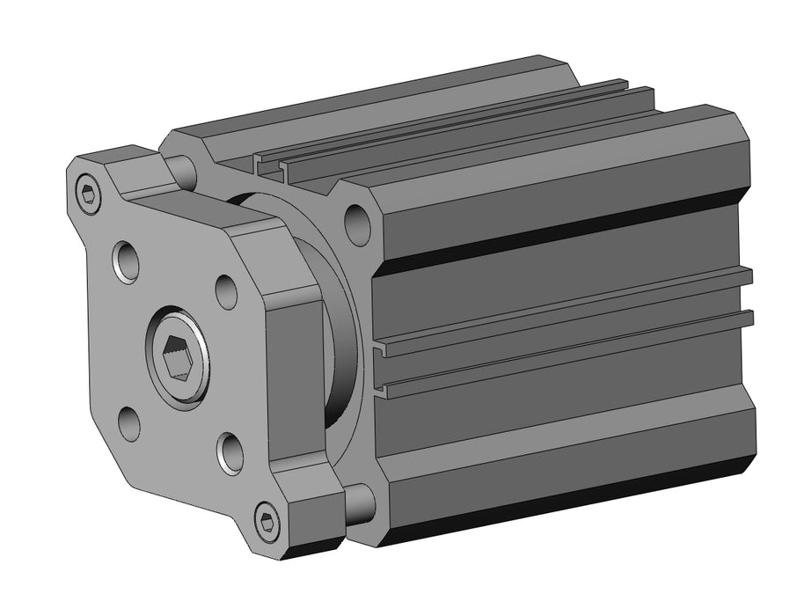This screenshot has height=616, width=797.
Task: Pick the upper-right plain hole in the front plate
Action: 226,291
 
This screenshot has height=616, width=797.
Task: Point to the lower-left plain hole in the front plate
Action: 129,423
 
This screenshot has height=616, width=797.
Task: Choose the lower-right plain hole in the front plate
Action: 231,452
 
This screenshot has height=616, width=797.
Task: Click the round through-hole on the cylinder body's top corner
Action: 356,224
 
